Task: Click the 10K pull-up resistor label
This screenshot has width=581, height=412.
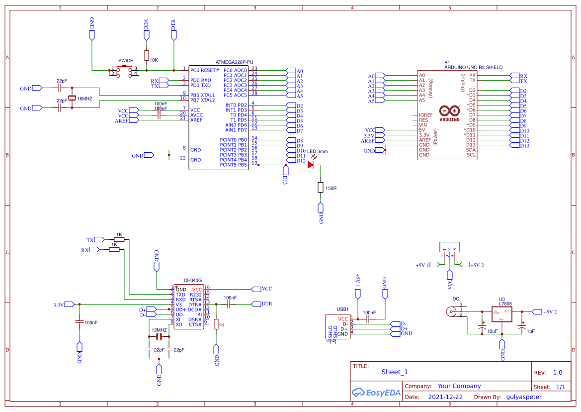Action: point(154,60)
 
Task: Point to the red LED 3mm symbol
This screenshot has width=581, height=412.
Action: point(311,165)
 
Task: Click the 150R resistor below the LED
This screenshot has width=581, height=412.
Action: point(321,188)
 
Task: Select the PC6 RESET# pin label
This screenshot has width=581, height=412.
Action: point(204,70)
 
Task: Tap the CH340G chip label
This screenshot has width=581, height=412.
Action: point(192,281)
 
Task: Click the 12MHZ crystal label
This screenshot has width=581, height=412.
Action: point(159,330)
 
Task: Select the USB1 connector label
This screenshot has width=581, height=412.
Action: point(343,309)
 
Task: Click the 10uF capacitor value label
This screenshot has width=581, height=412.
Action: point(492,331)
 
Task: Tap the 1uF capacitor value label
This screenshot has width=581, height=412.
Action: point(530,331)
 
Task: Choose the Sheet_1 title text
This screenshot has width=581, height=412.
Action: point(395,372)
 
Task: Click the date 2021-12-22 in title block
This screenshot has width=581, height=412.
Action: point(445,397)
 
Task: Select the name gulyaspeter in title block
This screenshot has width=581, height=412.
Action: point(524,397)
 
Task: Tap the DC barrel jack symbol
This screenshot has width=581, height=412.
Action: point(453,312)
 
